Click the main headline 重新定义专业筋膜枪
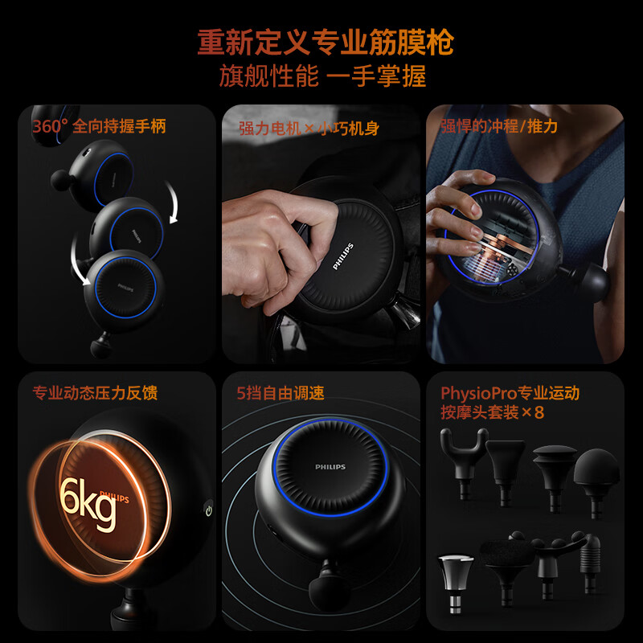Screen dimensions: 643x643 click(x=326, y=43)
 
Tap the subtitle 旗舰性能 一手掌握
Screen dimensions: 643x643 click(x=323, y=76)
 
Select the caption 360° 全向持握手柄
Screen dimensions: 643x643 click(x=99, y=126)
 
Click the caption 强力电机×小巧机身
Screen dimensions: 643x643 click(x=309, y=129)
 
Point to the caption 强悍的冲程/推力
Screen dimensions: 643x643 click(x=499, y=126)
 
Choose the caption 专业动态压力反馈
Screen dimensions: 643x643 click(x=95, y=392)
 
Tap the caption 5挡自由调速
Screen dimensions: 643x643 click(x=281, y=393)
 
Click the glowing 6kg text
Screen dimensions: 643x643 click(x=88, y=504)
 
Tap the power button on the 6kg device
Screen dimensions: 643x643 click(x=209, y=510)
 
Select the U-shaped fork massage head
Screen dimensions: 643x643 click(x=465, y=463)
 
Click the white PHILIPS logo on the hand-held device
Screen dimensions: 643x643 click(x=343, y=256)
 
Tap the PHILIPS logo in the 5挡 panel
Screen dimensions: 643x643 click(x=330, y=467)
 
